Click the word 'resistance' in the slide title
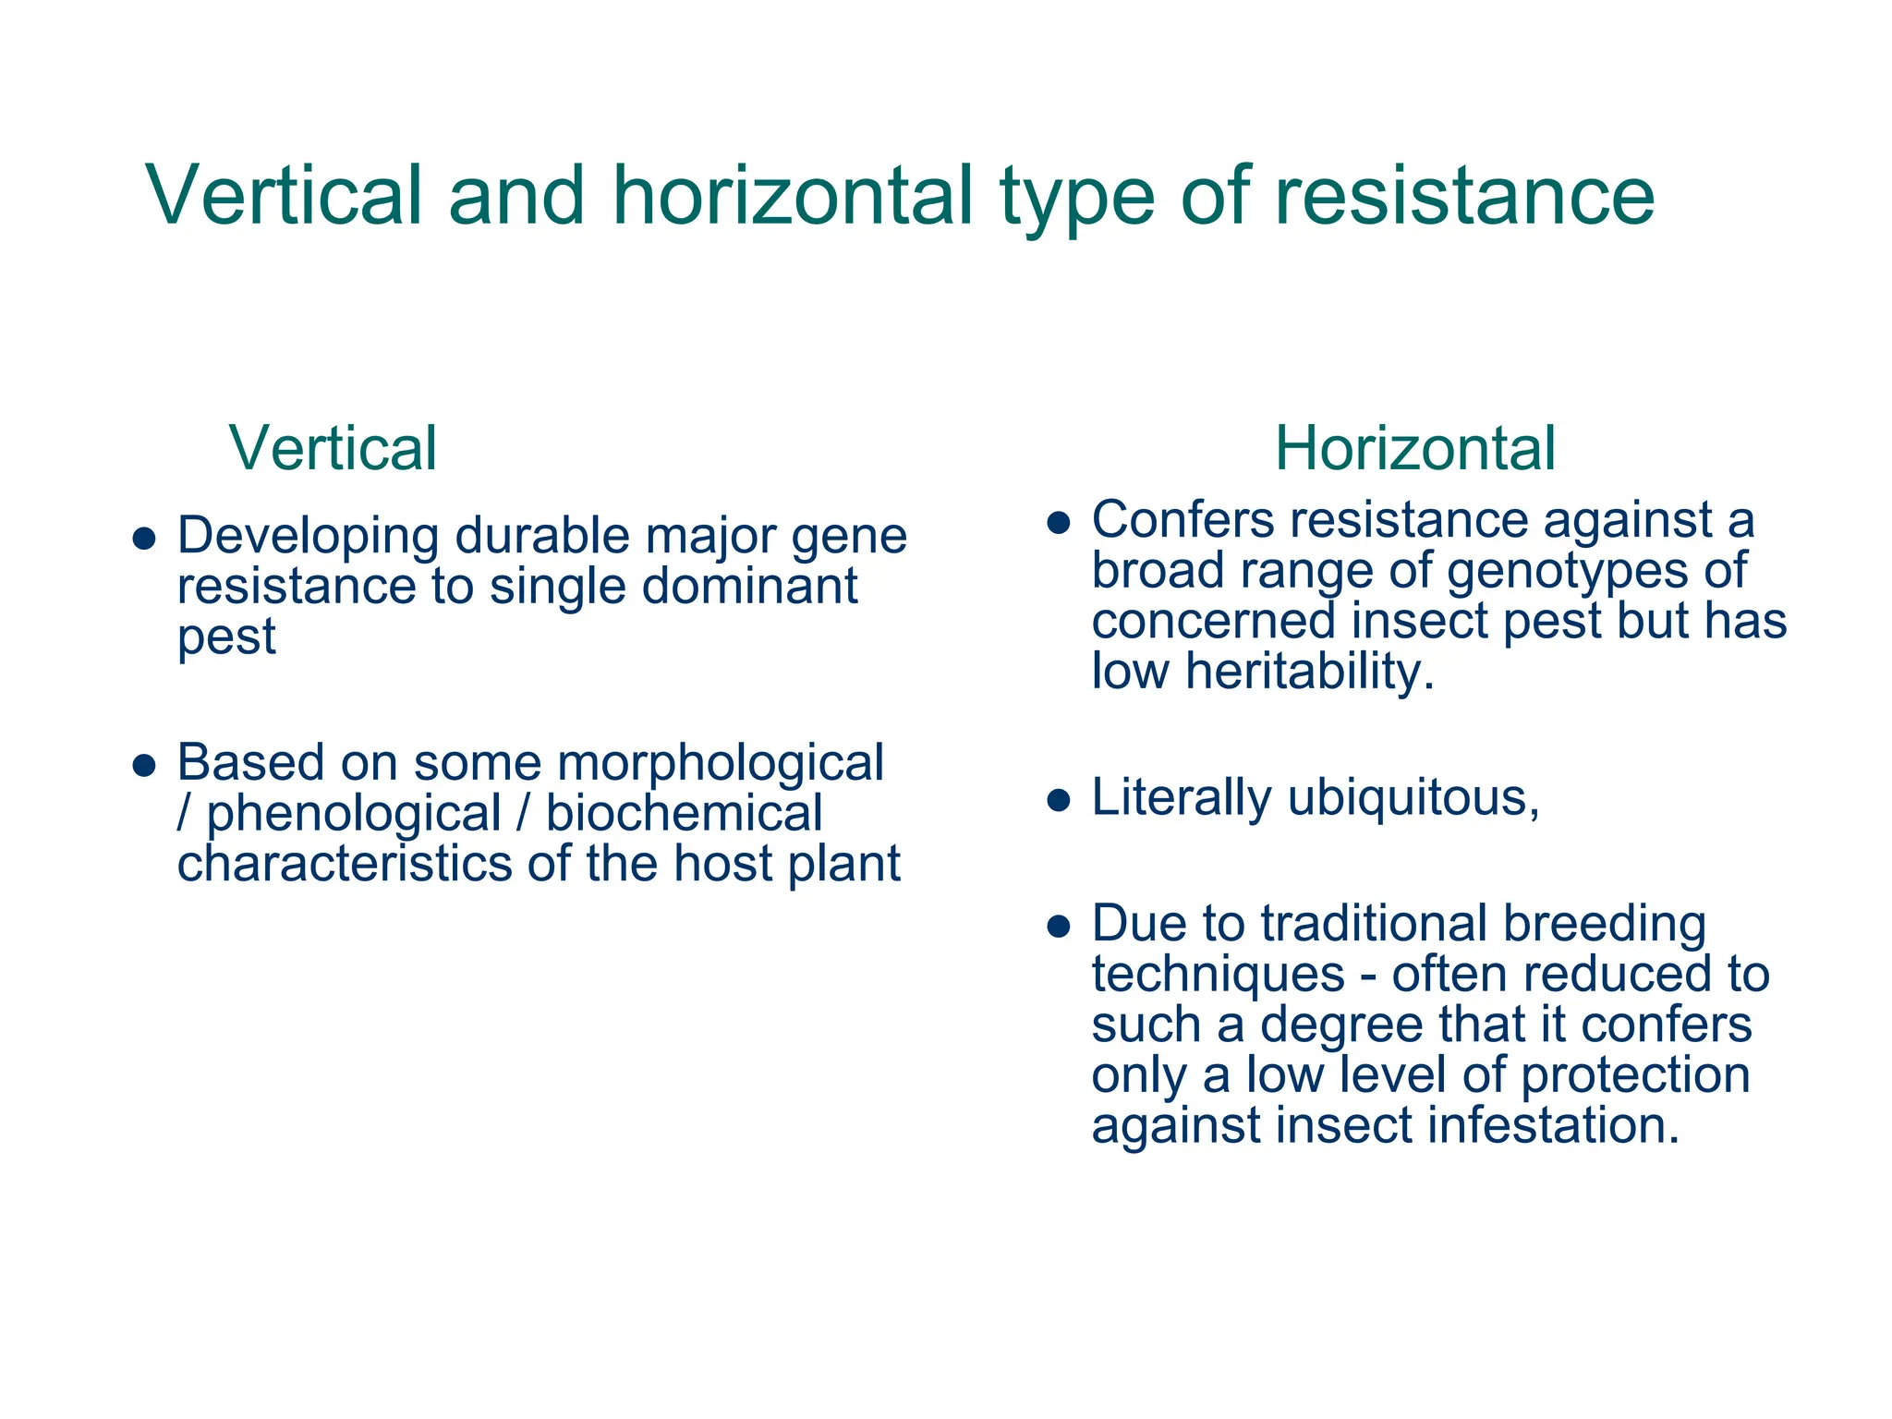(x=1464, y=196)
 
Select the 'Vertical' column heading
(x=333, y=449)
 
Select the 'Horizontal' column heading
(x=1415, y=449)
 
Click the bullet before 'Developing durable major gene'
(x=143, y=539)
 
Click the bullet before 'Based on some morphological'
(x=143, y=766)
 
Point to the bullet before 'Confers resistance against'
(x=1058, y=523)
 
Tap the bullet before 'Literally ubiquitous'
(x=1058, y=800)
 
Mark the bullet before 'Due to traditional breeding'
(x=1058, y=927)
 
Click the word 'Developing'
(x=308, y=537)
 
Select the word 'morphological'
(x=721, y=763)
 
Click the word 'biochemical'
(x=684, y=814)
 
